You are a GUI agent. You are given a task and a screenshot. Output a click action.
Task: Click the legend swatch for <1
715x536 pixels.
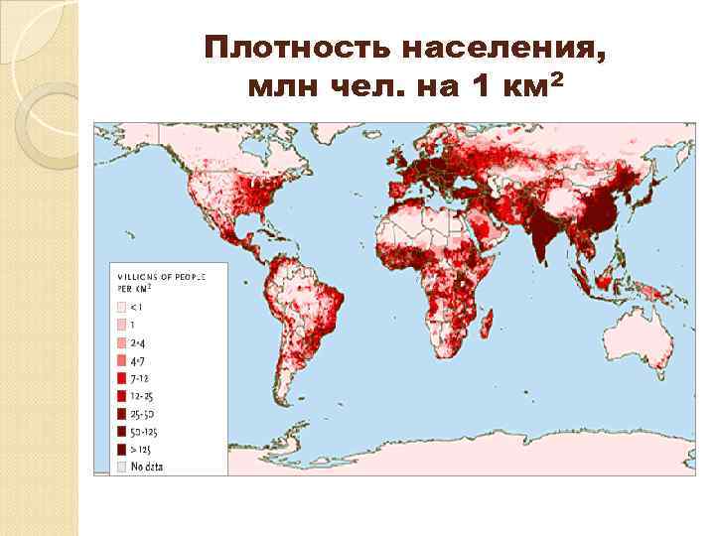point(123,307)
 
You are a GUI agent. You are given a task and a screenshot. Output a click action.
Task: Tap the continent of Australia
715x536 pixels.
point(626,338)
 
